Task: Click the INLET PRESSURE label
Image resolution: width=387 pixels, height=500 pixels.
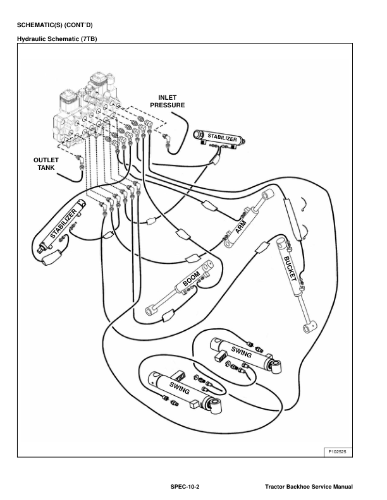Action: coord(168,102)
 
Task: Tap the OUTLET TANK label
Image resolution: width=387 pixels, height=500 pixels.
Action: coord(46,164)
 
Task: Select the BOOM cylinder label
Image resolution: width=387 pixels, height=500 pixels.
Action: coord(192,278)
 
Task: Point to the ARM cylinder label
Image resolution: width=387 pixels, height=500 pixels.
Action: coord(240,227)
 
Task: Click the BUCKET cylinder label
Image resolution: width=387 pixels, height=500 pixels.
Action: coord(290,268)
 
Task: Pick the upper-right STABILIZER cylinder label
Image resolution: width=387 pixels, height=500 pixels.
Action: coord(222,138)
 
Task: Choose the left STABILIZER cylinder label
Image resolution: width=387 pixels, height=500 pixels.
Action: coord(63,224)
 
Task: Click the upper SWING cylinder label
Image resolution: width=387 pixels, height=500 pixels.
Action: coord(242,352)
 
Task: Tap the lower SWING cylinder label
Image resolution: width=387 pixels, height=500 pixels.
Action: coord(180,388)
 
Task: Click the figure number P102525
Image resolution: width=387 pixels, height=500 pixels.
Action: coord(337,451)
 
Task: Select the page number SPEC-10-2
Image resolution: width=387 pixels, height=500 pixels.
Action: coord(185,487)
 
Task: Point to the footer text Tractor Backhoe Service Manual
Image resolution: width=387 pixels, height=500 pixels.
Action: coord(309,487)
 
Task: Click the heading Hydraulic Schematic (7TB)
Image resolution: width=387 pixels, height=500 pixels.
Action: coord(57,39)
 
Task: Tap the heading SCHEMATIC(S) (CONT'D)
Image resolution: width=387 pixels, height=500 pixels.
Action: coord(54,25)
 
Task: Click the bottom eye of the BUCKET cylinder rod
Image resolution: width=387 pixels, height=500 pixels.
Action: coord(309,327)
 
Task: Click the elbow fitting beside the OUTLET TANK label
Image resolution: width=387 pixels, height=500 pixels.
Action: coord(80,158)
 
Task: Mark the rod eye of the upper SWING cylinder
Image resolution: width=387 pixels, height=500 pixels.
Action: coord(276,366)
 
